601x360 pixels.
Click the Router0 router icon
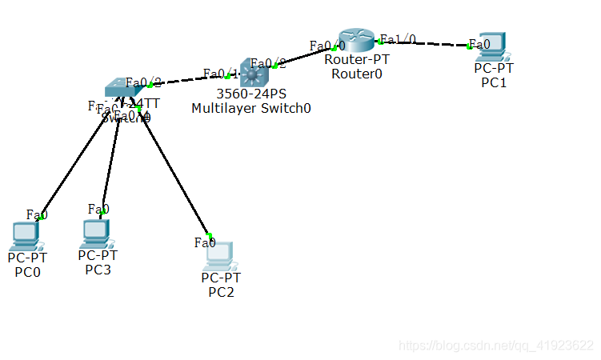[x=355, y=40]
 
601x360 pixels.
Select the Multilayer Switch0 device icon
[x=254, y=74]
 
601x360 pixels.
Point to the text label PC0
[x=27, y=272]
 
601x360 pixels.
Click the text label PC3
[x=98, y=270]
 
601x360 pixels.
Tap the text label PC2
[x=221, y=292]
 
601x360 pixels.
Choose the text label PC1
[x=494, y=82]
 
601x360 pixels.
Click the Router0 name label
[x=357, y=74]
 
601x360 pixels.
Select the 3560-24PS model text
[x=251, y=94]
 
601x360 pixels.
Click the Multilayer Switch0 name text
[x=251, y=109]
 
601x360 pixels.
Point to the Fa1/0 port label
[x=398, y=38]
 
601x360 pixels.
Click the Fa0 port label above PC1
[x=479, y=44]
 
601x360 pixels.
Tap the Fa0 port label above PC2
[x=205, y=242]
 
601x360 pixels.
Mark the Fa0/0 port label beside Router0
[x=327, y=46]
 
